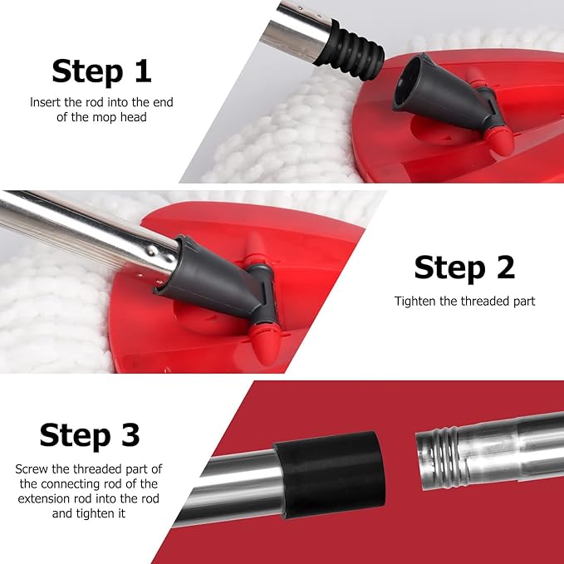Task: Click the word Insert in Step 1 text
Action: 46,103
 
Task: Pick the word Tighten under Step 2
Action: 415,301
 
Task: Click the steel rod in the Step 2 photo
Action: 83,228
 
